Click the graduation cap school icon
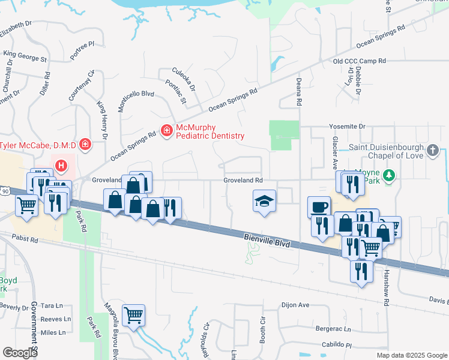[264, 202]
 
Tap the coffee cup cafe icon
[319, 207]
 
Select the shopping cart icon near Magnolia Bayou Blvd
[133, 314]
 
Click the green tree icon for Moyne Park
[390, 175]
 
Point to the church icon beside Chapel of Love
[433, 151]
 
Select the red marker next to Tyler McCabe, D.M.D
[85, 145]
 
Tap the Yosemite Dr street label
[346, 127]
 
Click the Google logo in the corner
[20, 352]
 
